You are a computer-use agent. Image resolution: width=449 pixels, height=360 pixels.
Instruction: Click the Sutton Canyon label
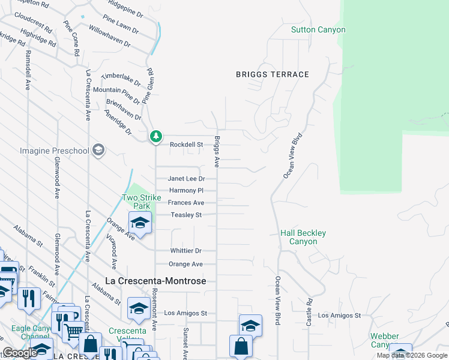point(318,29)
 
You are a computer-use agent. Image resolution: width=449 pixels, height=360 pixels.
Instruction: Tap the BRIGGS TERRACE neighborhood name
point(272,74)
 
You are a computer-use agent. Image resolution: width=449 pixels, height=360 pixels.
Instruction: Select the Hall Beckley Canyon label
point(303,237)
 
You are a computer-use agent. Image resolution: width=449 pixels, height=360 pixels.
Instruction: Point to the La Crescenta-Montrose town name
point(155,281)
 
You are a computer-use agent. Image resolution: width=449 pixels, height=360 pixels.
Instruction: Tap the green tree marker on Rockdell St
point(156,137)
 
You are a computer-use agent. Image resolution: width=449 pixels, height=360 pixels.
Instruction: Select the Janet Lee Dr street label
point(186,179)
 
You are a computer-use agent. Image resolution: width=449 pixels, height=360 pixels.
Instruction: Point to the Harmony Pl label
point(187,191)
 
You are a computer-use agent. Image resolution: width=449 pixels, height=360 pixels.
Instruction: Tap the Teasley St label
point(186,215)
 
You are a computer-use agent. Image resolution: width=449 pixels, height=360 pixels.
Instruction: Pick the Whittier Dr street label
point(185,251)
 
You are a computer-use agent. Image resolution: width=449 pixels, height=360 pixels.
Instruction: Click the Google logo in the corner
point(20,353)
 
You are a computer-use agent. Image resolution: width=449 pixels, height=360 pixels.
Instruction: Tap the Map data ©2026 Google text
point(411,355)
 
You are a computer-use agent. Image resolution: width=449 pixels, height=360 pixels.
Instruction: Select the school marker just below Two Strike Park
point(140,223)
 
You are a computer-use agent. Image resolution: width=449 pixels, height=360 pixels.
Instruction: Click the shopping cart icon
point(73,331)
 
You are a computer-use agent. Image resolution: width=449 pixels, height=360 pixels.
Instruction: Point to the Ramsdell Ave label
point(27,70)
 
